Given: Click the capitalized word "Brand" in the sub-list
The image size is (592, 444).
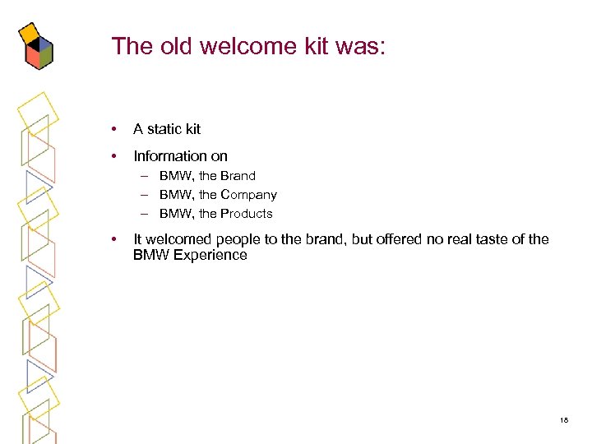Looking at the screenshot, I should coord(238,176).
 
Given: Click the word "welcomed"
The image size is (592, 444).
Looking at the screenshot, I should coord(174,239).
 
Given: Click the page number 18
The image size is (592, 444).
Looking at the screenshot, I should coord(564,419).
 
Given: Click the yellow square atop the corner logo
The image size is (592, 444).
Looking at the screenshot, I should coord(30,31).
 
